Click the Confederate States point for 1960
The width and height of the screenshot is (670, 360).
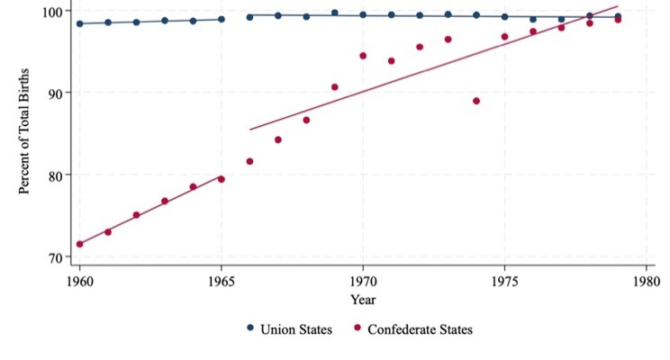coord(79,244)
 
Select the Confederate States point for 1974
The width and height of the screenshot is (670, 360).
coord(476,101)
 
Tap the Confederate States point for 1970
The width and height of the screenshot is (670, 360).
coord(363,56)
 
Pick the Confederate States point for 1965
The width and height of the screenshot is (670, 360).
coord(222,179)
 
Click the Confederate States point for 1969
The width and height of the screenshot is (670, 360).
coord(335,87)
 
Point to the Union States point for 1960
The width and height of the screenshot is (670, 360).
coord(79,23)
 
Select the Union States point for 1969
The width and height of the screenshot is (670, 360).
coord(335,13)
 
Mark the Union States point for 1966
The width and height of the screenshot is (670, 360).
coord(249,17)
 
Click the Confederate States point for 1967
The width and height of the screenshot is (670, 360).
coord(278,139)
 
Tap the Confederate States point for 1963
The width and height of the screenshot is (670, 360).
coord(165,201)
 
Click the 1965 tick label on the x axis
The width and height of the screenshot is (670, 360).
coord(222,280)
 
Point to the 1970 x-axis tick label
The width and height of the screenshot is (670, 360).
coord(363,280)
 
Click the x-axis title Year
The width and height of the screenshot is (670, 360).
coord(363,299)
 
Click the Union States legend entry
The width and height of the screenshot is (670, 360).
coord(288,328)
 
